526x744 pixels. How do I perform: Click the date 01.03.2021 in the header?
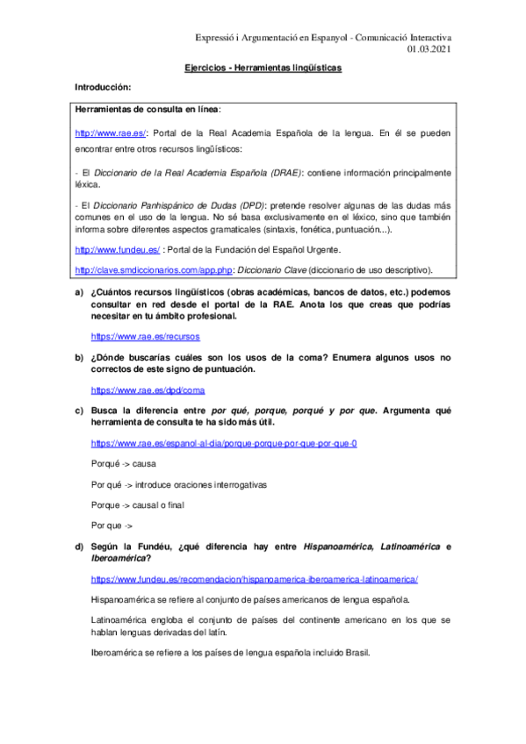(429, 49)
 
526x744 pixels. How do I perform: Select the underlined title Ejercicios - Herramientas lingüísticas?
(263, 68)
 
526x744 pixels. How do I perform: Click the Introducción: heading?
(102, 87)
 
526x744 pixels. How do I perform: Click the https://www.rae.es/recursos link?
(145, 336)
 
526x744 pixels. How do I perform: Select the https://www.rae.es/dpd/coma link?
(148, 390)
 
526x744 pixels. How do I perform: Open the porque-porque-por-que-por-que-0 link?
(224, 443)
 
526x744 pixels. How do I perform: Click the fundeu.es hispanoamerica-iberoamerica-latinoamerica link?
(255, 580)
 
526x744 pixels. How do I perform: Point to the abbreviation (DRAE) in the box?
(277, 172)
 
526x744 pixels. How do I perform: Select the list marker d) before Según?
(79, 547)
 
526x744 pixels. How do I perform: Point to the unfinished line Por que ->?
(112, 526)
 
